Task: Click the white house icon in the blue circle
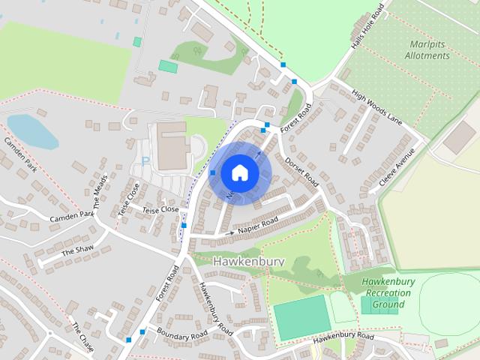[238, 172]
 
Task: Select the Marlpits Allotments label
[427, 49]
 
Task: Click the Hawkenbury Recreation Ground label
[388, 293]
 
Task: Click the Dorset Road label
[302, 172]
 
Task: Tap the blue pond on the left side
[31, 132]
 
